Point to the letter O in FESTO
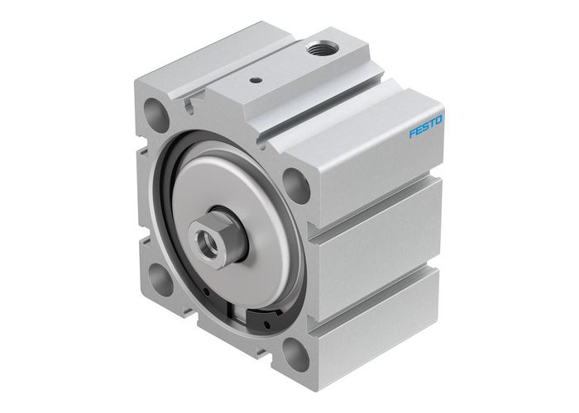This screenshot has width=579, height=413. coord(439,121)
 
